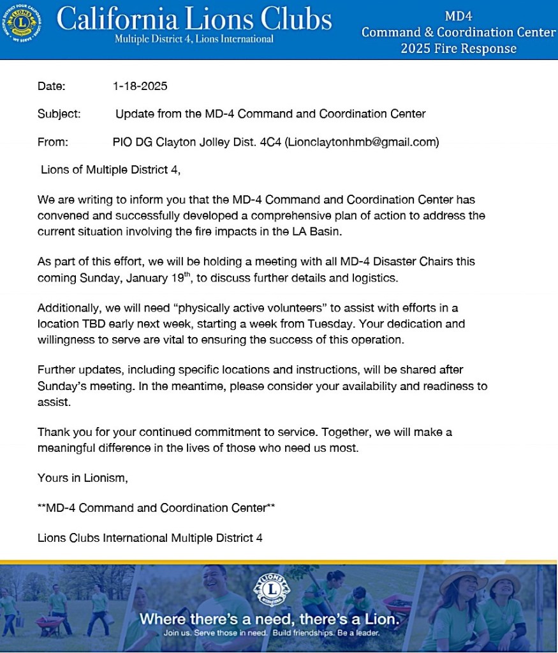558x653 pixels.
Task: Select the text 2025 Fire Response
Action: tap(459, 49)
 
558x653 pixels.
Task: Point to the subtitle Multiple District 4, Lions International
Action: tap(194, 39)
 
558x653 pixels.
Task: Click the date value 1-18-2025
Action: tap(140, 86)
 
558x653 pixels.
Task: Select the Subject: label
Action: tap(59, 114)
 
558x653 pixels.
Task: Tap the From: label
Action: tap(52, 142)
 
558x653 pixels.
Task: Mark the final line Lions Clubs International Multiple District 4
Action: tap(150, 537)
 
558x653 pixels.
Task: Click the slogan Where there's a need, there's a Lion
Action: tap(270, 619)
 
